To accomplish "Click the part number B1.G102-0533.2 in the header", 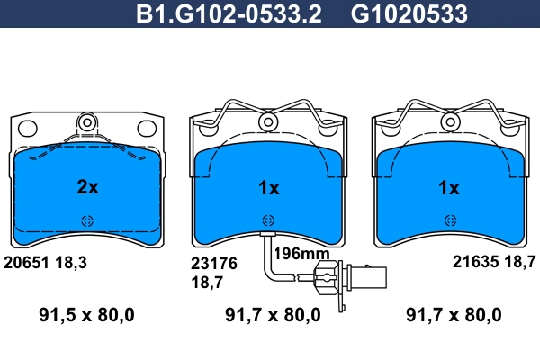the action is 229,14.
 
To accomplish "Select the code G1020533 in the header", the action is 409,14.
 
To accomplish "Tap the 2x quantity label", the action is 87,187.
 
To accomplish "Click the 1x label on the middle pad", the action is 268,188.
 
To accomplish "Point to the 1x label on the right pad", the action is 449,188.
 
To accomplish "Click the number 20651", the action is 26,263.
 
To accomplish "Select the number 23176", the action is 214,264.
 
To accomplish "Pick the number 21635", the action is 475,262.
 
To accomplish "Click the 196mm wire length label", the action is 301,254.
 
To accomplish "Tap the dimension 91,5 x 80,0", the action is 86,315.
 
